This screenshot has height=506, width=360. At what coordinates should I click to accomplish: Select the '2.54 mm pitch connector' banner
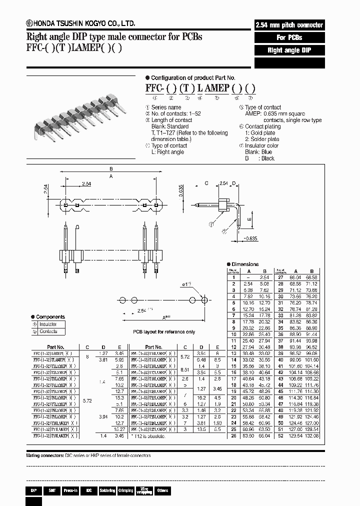coord(289,25)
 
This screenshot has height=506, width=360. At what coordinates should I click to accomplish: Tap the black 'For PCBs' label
coord(289,37)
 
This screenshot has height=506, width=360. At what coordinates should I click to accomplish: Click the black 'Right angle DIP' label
coord(289,50)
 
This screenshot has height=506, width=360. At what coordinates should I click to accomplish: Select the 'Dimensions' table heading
coord(244,264)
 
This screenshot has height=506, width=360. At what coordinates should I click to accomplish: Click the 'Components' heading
coord(50,317)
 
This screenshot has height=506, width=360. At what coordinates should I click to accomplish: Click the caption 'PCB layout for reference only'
coord(163,331)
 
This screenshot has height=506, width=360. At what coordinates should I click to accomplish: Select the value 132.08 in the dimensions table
coord(311,435)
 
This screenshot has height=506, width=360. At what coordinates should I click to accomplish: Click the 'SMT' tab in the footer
coord(51,491)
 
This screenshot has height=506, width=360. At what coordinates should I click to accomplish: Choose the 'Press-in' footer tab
coord(70,491)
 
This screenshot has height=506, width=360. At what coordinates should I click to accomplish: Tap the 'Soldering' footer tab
coord(107,491)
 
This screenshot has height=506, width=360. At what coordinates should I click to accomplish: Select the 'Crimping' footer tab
coord(126,491)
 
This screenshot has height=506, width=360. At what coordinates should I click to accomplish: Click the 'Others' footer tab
coord(162,491)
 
